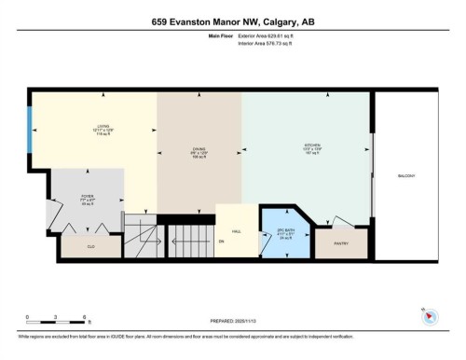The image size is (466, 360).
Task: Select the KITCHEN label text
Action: (311, 145)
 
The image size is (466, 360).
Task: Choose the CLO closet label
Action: (90, 248)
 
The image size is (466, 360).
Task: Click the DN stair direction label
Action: (222, 241)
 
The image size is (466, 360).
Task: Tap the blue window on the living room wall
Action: (30, 121)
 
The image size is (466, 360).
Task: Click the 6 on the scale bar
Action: (85, 319)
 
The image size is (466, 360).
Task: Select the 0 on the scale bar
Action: (28, 319)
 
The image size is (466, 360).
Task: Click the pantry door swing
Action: (342, 220)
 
